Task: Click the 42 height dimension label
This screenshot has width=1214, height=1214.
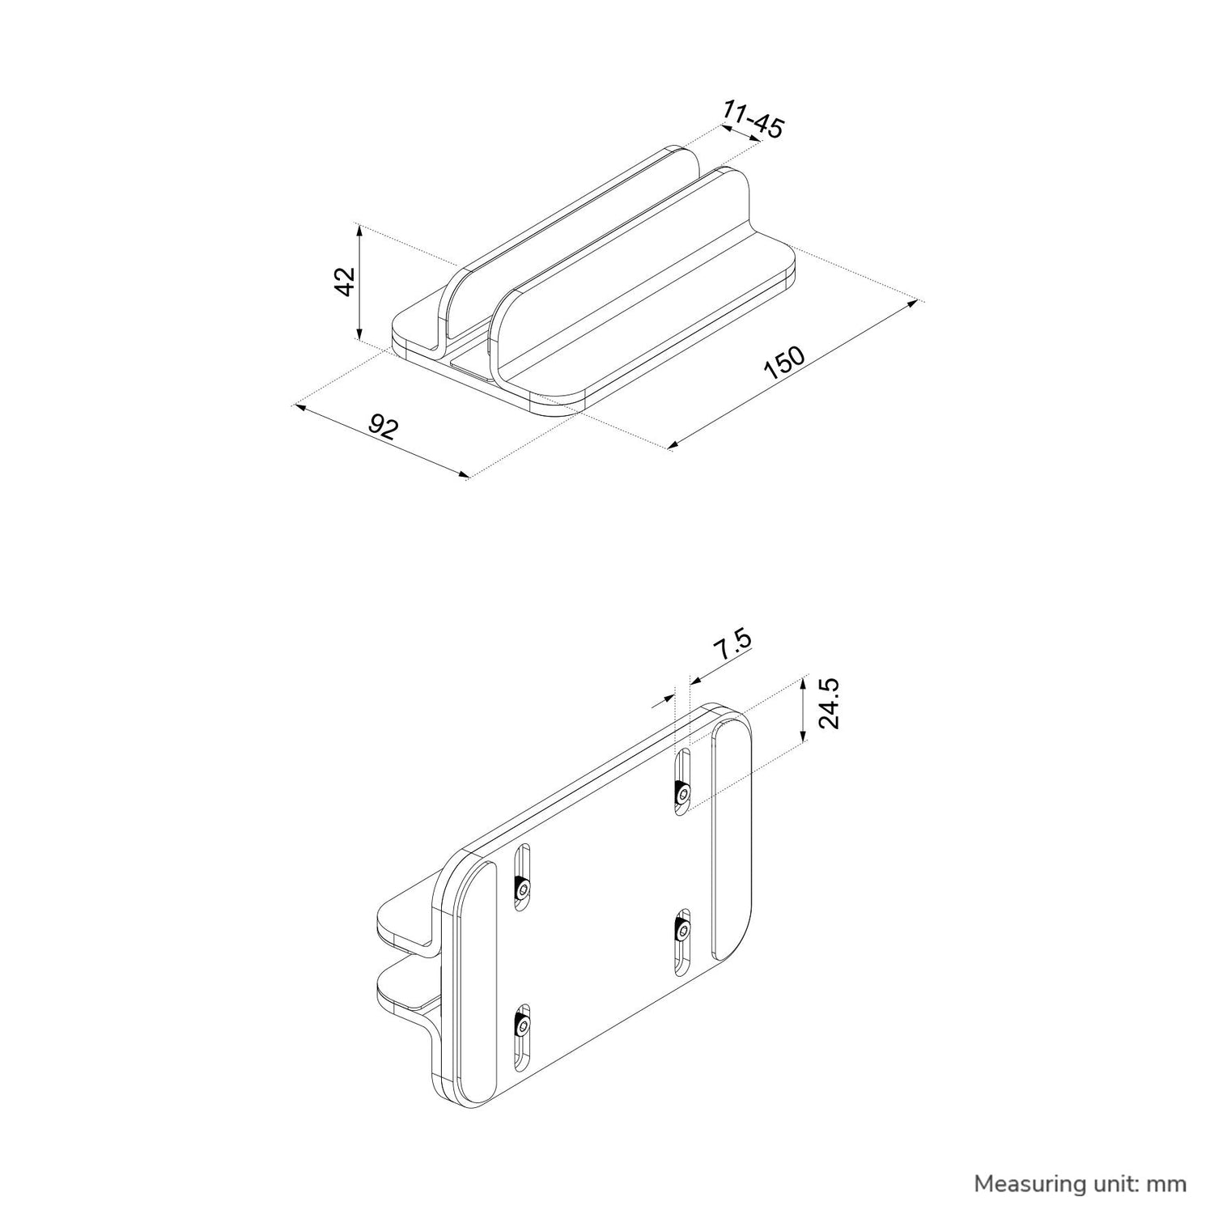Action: click(x=346, y=282)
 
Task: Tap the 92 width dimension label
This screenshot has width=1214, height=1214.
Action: click(x=383, y=427)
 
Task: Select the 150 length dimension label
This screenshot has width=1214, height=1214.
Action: click(x=784, y=363)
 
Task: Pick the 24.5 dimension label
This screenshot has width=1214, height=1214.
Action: click(x=829, y=704)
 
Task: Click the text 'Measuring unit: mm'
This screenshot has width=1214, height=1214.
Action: click(x=1080, y=1184)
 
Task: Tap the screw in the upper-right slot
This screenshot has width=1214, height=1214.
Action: click(x=683, y=794)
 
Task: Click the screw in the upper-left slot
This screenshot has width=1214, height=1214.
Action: click(x=524, y=890)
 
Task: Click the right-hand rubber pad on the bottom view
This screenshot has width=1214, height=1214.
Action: click(x=732, y=841)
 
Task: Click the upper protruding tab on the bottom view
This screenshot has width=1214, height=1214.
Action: click(x=409, y=923)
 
